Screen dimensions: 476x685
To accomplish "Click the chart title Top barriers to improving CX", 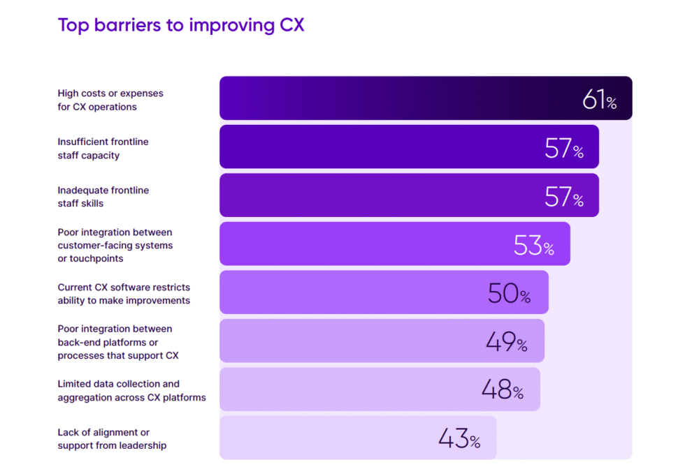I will point(180,25).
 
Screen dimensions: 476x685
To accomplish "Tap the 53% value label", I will point(533,246).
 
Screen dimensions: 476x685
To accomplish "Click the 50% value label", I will point(509,294).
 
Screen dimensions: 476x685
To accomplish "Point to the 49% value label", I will point(506,342).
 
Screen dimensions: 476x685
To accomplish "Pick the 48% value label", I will point(502,390).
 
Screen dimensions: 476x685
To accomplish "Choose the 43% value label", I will point(459,439).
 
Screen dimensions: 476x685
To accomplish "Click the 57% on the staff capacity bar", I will point(563,149).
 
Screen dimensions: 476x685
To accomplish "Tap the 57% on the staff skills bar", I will point(563,197).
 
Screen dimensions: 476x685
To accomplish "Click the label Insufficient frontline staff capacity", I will point(103,149).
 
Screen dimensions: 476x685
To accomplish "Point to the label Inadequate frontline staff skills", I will point(103,197).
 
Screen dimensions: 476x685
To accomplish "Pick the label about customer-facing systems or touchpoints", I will point(115,246).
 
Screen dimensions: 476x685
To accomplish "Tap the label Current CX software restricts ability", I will point(124,294).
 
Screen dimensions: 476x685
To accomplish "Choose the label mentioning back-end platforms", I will point(117,342).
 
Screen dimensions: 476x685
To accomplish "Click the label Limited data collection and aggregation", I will point(131,390).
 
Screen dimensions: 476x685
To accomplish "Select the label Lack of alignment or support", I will point(112,439).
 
